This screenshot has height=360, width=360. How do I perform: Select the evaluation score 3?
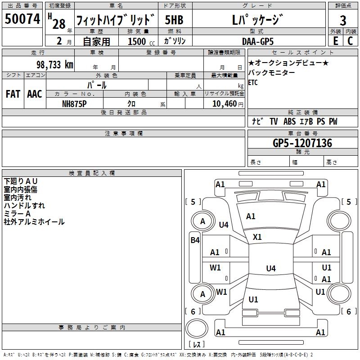pyautogui.click(x=343, y=21)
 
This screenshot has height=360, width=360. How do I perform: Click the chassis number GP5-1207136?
pyautogui.click(x=302, y=143)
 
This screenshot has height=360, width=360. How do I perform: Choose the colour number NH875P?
pyautogui.click(x=75, y=103)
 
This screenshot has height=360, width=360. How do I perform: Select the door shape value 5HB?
pyautogui.click(x=174, y=20)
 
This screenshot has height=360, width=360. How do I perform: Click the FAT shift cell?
pyautogui.click(x=13, y=94)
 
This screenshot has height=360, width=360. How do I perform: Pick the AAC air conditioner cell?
pyautogui.click(x=35, y=94)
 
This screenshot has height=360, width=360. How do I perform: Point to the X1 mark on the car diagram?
pyautogui.click(x=257, y=237)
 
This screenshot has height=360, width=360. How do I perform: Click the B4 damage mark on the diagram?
pyautogui.click(x=194, y=240)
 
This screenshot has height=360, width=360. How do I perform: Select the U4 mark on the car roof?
pyautogui.click(x=270, y=269)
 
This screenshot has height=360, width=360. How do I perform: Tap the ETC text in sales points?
pyautogui.click(x=253, y=83)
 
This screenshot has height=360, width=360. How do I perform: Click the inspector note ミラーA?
pyautogui.click(x=17, y=214)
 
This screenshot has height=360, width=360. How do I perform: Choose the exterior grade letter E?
pyautogui.click(x=335, y=41)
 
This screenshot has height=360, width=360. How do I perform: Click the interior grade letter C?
pyautogui.click(x=351, y=41)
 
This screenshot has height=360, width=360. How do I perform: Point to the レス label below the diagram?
pyautogui.click(x=197, y=345)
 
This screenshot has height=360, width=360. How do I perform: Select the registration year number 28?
pyautogui.click(x=59, y=23)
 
